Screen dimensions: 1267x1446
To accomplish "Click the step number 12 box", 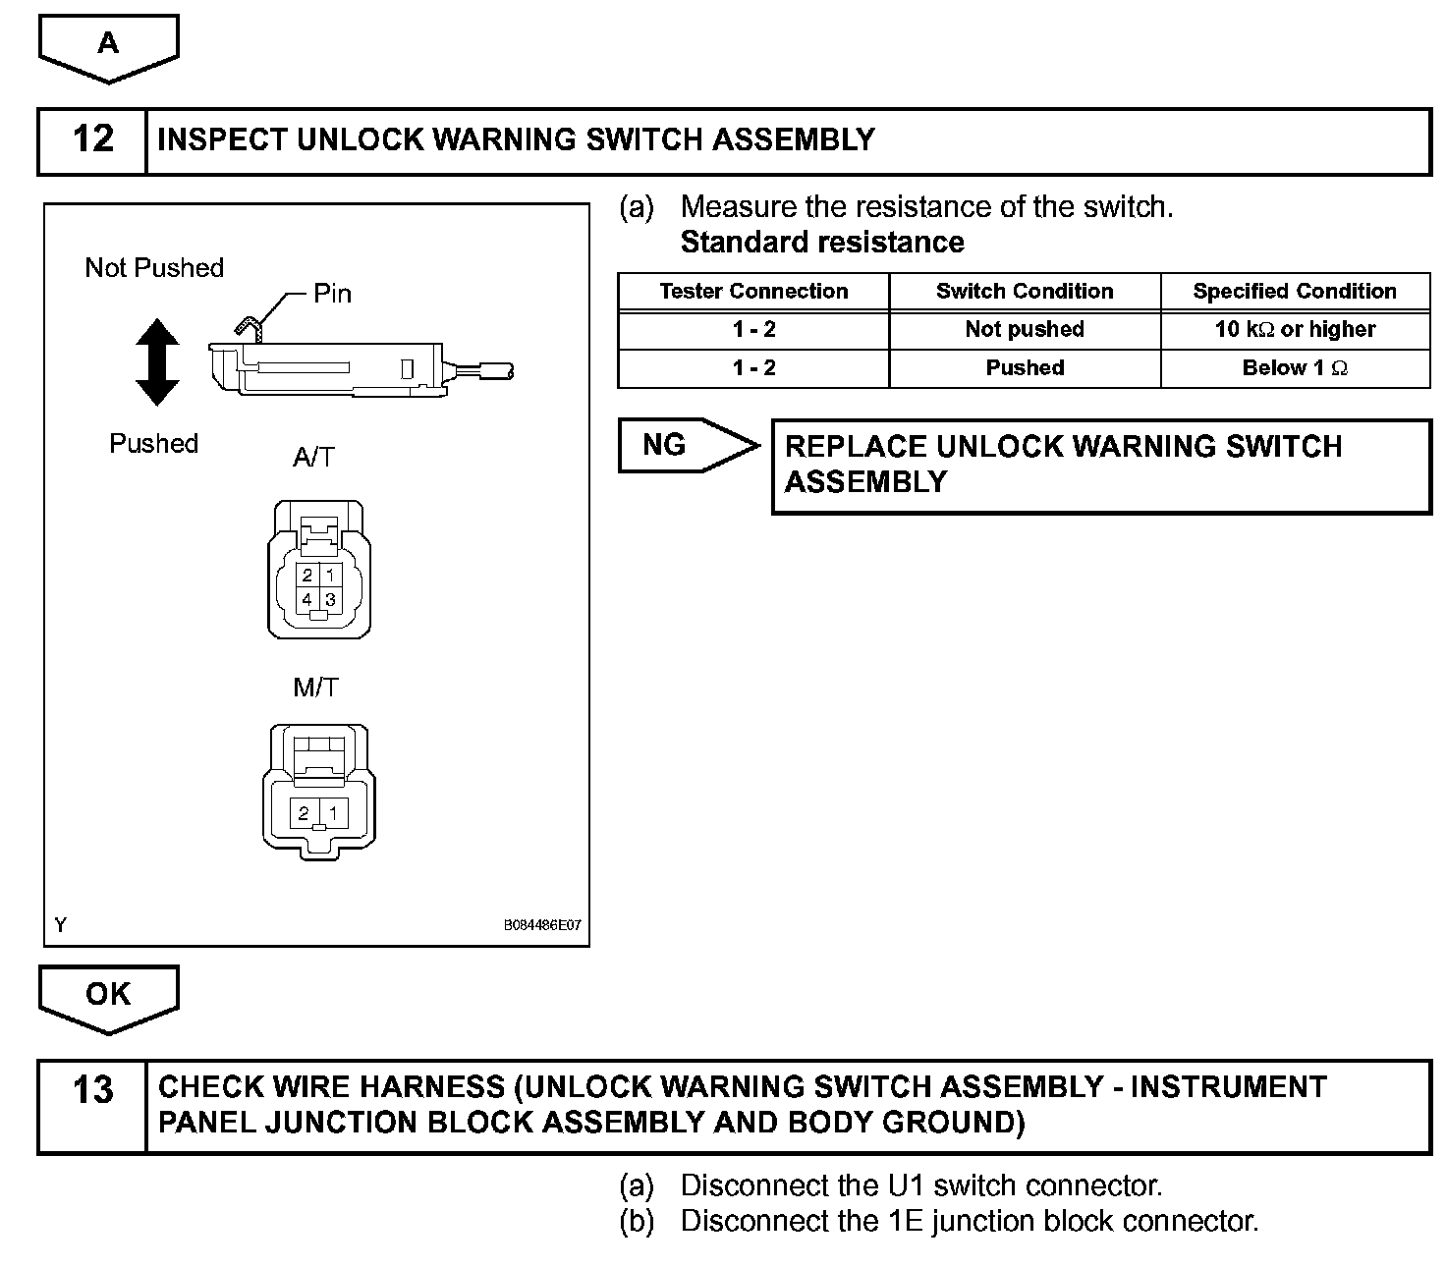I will [x=92, y=140].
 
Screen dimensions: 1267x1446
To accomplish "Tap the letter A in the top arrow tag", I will [x=108, y=43].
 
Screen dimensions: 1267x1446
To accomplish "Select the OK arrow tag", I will [x=108, y=994].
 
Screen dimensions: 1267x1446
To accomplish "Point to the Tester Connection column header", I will [x=753, y=292].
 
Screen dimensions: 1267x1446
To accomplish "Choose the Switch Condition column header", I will [x=1025, y=292].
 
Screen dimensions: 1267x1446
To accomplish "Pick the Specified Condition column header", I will [x=1295, y=292].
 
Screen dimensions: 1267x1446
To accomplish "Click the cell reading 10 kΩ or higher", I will [x=1295, y=330].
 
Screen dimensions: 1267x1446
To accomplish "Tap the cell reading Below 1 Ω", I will [x=1295, y=368].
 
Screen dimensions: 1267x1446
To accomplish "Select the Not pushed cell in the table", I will [x=1025, y=330].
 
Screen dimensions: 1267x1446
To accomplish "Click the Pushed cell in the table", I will [x=1025, y=368].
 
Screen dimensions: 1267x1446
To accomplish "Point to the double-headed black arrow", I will [x=157, y=362].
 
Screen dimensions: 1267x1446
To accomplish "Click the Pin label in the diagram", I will [x=332, y=294].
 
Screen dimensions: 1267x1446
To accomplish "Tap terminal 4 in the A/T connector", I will [x=307, y=599].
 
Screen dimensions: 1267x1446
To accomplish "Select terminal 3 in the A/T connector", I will [x=331, y=599].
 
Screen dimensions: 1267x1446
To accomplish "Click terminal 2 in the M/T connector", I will [x=305, y=813].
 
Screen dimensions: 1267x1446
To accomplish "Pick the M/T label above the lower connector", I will [x=315, y=688].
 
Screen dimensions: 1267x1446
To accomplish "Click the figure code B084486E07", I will [x=542, y=925].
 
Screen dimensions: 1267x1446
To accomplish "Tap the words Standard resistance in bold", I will [x=822, y=243].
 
